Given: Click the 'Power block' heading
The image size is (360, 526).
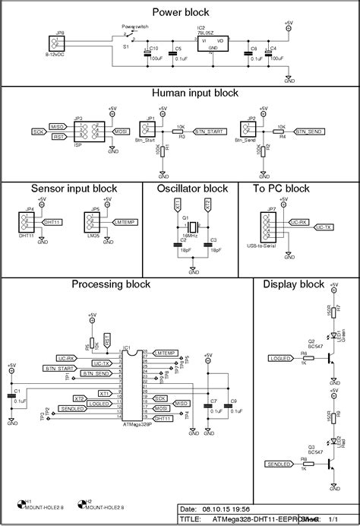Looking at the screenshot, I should click(180, 12).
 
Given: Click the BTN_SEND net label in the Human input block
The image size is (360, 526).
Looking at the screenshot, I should click(310, 131).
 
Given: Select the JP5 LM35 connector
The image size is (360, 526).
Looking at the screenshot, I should click(95, 223).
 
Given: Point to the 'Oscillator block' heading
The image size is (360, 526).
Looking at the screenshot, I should click(192, 189).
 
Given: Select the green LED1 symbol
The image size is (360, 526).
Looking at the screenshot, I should click(333, 334).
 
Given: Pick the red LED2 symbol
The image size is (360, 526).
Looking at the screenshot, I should click(333, 442).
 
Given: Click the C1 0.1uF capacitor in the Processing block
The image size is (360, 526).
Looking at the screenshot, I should click(11, 395).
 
